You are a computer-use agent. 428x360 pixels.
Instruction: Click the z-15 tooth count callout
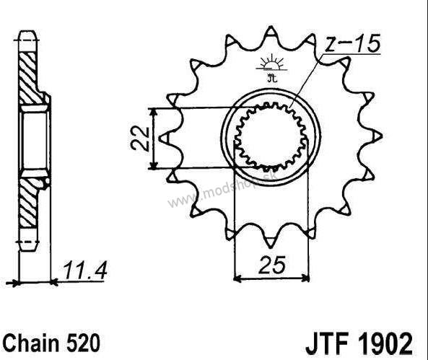click(353, 43)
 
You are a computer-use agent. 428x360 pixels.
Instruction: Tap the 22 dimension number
click(140, 139)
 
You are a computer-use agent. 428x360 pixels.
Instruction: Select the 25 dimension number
click(272, 265)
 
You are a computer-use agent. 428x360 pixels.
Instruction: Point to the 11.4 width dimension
click(85, 271)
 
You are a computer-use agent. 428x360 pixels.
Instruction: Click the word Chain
click(31, 343)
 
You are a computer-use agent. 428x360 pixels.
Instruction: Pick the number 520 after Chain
click(82, 343)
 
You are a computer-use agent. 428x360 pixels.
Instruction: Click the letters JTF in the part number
click(328, 343)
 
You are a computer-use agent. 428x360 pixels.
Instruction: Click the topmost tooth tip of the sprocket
click(271, 27)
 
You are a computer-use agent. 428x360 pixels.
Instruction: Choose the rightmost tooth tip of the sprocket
click(381, 136)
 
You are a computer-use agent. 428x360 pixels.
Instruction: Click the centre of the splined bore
click(271, 136)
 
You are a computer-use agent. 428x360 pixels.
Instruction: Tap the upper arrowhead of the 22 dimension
click(154, 111)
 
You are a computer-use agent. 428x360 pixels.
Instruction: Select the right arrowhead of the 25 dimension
click(305, 279)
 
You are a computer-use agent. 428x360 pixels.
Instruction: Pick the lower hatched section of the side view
click(30, 203)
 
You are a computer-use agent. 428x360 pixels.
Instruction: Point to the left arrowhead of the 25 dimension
click(237, 279)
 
